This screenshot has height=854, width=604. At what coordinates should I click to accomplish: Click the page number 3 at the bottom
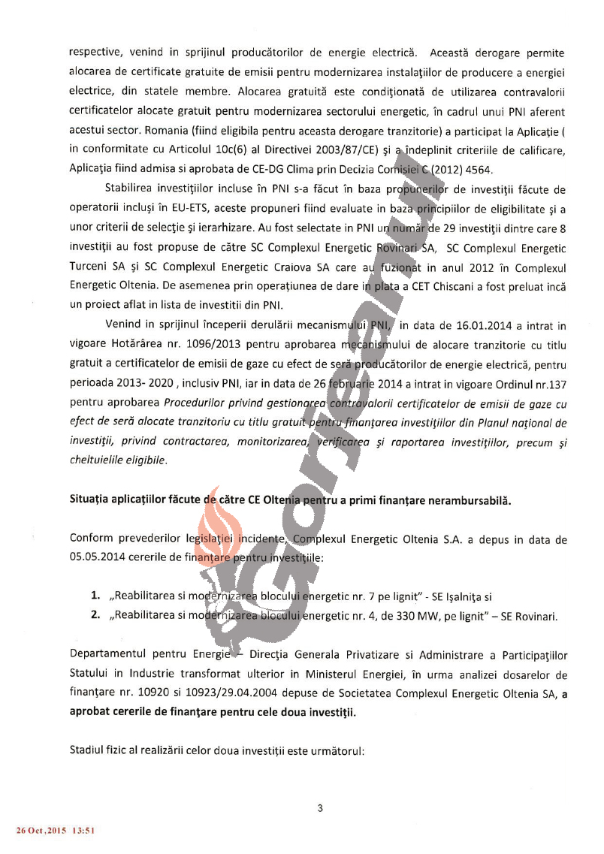(x=320, y=808)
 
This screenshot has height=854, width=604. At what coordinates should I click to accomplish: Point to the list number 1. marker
(x=95, y=596)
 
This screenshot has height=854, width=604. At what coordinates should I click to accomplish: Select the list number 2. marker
(x=95, y=616)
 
